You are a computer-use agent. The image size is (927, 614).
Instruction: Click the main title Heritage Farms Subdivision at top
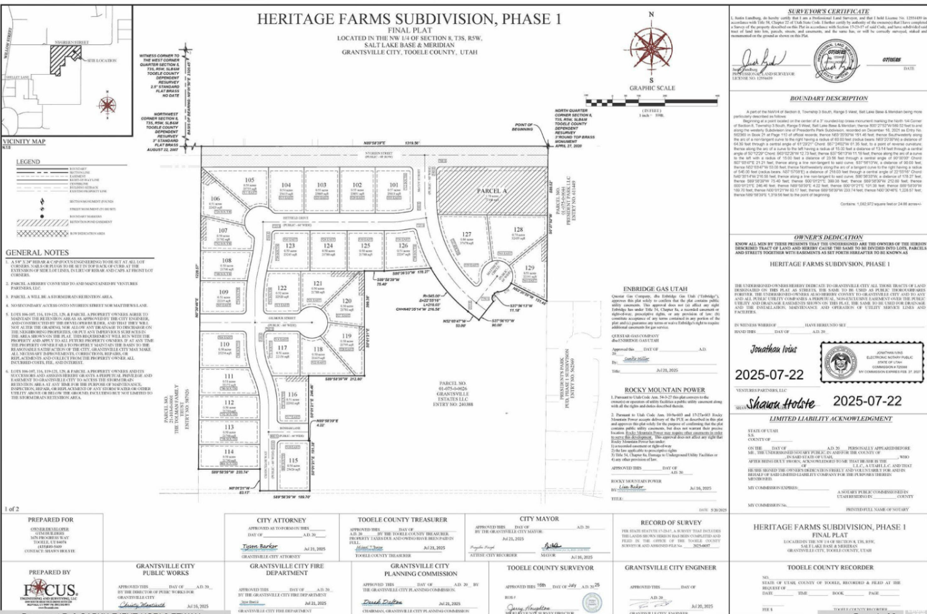[x=409, y=19]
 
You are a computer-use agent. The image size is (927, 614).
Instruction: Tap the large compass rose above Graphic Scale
[x=651, y=50]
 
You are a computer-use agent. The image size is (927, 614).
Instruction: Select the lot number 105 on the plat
[x=250, y=180]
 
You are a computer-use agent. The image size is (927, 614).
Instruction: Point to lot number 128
[x=518, y=229]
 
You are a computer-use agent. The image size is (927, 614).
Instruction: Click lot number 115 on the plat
[x=293, y=461]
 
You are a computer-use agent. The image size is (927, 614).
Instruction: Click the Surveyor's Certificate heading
[x=828, y=11]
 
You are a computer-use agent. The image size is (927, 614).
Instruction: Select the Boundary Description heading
[x=829, y=98]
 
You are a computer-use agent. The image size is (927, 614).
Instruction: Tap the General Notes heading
[x=38, y=253]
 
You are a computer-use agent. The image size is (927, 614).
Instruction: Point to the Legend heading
[x=28, y=162]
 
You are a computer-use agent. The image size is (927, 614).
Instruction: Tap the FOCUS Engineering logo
[x=50, y=592]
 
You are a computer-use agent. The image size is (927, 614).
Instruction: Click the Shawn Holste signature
[x=781, y=404]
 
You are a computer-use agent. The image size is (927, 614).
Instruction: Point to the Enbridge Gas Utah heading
[x=655, y=289]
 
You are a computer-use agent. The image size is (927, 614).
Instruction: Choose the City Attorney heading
[x=281, y=521]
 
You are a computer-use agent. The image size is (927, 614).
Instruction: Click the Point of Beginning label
[x=523, y=126]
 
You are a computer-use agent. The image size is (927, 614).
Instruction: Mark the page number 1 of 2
[x=12, y=509]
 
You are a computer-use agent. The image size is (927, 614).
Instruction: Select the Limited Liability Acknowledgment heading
[x=830, y=418]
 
